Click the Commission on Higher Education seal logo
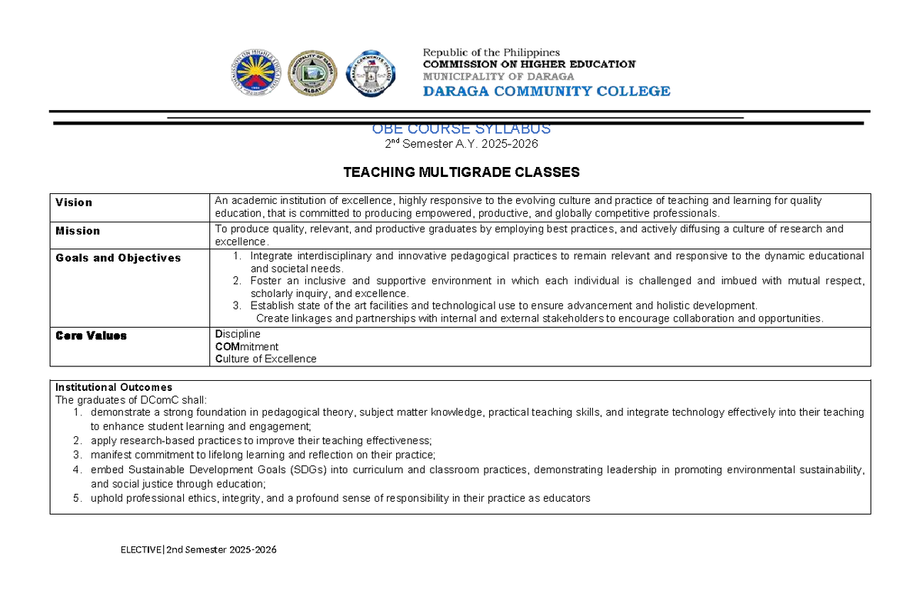(x=256, y=74)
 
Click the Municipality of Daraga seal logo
(x=312, y=74)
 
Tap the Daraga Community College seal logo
(x=372, y=74)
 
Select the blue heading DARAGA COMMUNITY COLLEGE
(x=546, y=91)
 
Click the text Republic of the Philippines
(x=491, y=52)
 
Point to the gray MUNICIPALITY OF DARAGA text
(x=498, y=76)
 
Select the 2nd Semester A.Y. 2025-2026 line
(x=461, y=144)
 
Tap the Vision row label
(x=74, y=202)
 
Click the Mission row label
(x=78, y=231)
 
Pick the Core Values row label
(x=91, y=335)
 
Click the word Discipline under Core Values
(x=238, y=334)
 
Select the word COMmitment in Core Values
(x=246, y=346)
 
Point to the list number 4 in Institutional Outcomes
(x=77, y=470)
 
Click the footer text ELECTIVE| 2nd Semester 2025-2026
(x=198, y=549)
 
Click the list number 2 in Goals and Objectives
(x=237, y=281)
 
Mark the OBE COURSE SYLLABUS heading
(x=461, y=129)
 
